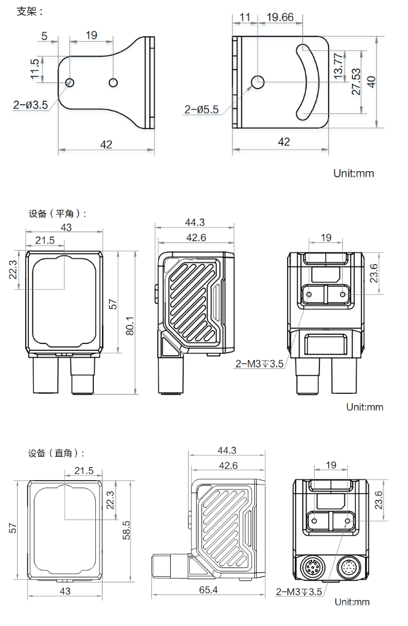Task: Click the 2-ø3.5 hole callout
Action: coord(30,105)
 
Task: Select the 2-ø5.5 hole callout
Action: coord(201,110)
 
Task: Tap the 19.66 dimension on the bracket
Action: coord(280,17)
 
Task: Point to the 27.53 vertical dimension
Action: coord(356,81)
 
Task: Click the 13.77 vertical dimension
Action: coord(338,65)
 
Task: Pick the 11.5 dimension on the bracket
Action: coord(34,69)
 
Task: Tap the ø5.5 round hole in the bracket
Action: coord(258,82)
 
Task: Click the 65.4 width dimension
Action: coord(208,590)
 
